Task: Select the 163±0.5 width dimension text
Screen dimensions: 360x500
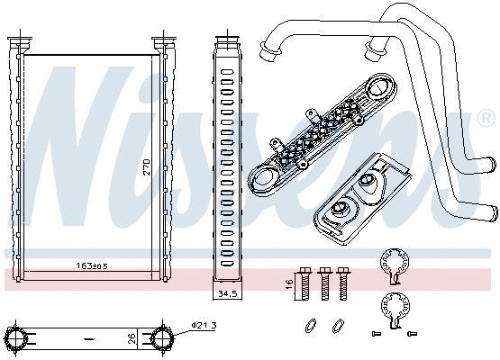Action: point(92,266)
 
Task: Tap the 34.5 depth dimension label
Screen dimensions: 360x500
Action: point(227,293)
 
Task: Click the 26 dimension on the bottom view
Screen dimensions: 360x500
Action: point(133,338)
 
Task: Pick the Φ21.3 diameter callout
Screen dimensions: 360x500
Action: point(204,325)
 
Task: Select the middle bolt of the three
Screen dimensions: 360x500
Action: point(323,283)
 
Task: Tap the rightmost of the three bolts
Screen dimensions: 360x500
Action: point(342,283)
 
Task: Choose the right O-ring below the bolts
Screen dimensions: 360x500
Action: point(338,324)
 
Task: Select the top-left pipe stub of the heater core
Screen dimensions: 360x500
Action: point(18,42)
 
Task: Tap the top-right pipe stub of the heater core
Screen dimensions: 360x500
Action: point(162,42)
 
